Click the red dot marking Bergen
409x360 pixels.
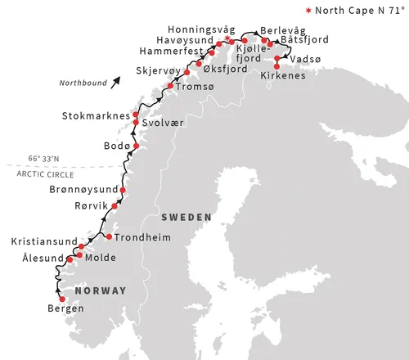pos(62,299)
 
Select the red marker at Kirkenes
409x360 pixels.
pos(276,66)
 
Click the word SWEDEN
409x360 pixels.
pos(187,217)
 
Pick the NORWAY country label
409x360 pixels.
pos(101,290)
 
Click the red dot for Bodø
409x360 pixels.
pos(136,146)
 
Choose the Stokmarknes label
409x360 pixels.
pos(95,116)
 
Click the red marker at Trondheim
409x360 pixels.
pos(109,237)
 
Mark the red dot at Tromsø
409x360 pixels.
pos(170,86)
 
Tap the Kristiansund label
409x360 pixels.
pos(44,242)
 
